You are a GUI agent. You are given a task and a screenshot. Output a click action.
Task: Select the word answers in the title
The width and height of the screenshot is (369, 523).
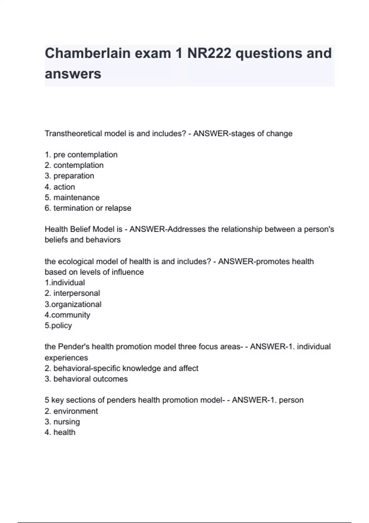point(73,74)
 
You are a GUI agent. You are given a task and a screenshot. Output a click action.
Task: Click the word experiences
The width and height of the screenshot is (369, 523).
point(66,358)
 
